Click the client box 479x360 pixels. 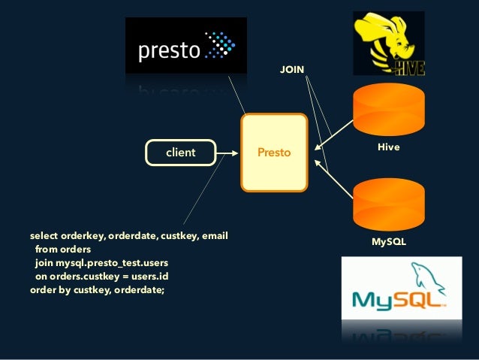tap(180, 153)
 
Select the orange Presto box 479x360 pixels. tap(274, 153)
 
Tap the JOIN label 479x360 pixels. tap(292, 70)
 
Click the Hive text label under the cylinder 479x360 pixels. tap(388, 148)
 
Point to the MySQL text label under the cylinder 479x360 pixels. tap(389, 242)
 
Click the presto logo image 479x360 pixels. tap(185, 47)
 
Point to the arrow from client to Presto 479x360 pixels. tap(227, 153)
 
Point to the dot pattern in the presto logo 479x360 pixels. tap(221, 45)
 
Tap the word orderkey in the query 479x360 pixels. tap(83, 237)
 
